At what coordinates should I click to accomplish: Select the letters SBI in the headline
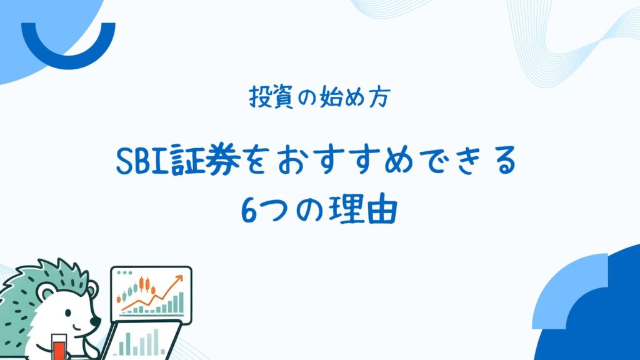pyautogui.click(x=142, y=161)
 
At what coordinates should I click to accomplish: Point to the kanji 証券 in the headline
pyautogui.click(x=205, y=160)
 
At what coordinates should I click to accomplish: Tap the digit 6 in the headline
pyautogui.click(x=249, y=211)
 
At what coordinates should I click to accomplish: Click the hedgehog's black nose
pyautogui.click(x=96, y=321)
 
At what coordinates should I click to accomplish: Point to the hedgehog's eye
pyautogui.click(x=67, y=313)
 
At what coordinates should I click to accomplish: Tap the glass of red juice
pyautogui.click(x=59, y=347)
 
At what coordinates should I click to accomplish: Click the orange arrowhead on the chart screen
pyautogui.click(x=178, y=279)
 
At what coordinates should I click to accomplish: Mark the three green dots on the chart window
pyautogui.click(x=124, y=272)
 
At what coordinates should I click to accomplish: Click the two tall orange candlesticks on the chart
pyautogui.click(x=144, y=284)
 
